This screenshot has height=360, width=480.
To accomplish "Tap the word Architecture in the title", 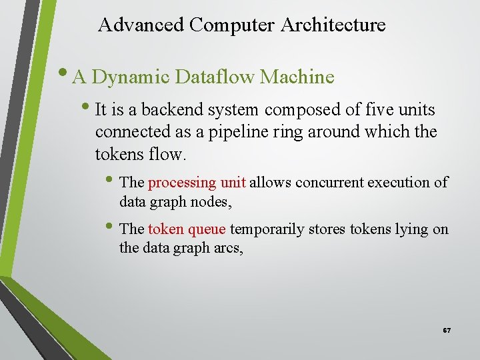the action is coord(333,25).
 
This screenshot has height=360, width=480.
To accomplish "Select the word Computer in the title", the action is coord(232,25).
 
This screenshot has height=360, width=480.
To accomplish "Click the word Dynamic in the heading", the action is coord(131,77).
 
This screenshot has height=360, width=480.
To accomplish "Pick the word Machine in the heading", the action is coord(297,77).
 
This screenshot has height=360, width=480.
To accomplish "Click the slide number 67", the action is coord(446,331).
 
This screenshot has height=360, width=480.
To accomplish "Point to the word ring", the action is coord(305,133).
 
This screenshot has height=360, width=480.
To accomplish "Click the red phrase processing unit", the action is coord(197,183).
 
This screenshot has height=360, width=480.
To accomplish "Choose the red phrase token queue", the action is coord(187,229).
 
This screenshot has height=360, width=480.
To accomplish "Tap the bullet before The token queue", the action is coord(111,227).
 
